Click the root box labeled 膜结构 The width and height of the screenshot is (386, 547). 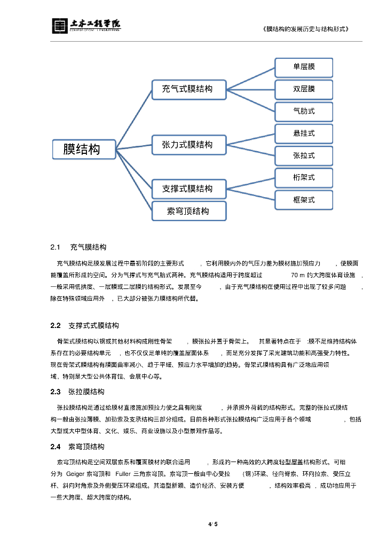point(84,149)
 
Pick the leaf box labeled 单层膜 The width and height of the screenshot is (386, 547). point(304,67)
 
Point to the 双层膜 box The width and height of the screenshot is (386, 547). point(304,89)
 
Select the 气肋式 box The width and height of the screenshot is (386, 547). point(304,112)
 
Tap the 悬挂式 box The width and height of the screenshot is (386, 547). point(304,134)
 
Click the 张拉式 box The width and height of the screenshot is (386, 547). point(304,155)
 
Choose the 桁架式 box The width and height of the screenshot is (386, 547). point(304,177)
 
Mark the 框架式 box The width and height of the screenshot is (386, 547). point(304,200)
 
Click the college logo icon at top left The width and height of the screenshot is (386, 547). point(59,26)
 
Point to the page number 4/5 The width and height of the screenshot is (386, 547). point(213,524)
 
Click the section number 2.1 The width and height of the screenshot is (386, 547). point(56,247)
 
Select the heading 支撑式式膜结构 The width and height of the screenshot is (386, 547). point(93,325)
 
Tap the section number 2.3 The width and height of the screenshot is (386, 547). point(56,392)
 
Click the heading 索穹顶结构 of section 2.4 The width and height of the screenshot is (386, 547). point(86,447)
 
